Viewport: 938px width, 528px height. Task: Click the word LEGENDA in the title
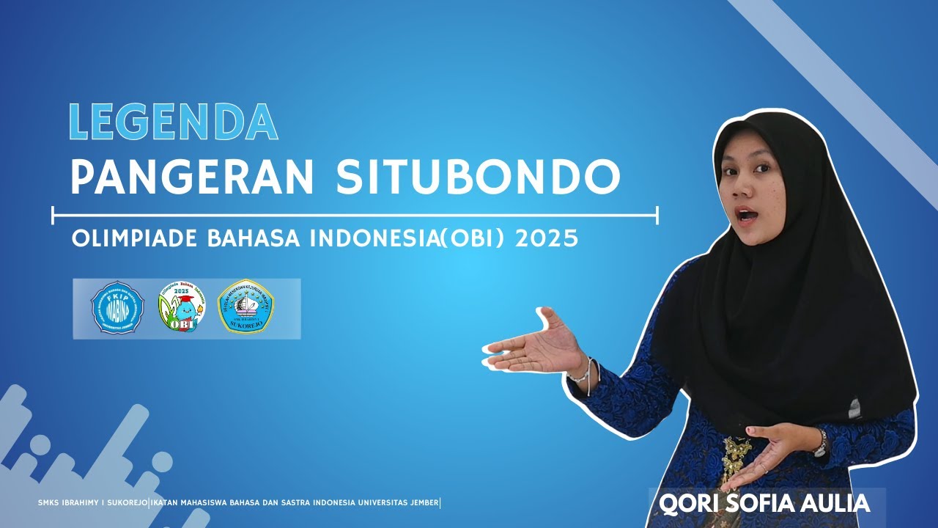tap(173, 121)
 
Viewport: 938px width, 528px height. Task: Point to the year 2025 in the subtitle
tap(547, 239)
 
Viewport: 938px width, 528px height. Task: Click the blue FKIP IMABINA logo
tap(117, 308)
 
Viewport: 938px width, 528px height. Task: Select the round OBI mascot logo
tap(182, 308)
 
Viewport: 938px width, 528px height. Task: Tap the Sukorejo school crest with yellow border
tap(246, 308)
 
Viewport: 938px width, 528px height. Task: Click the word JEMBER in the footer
tap(421, 503)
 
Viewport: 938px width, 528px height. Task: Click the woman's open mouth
tap(747, 216)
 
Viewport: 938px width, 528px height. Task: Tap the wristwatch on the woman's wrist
tap(820, 441)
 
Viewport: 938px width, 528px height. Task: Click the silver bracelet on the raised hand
tap(584, 371)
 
